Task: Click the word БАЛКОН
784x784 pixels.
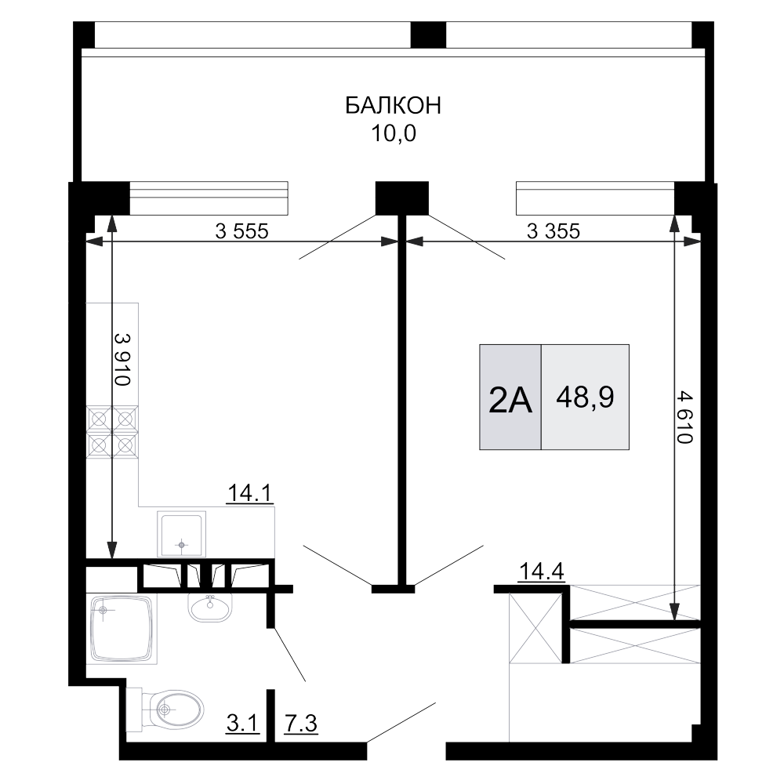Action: (393, 106)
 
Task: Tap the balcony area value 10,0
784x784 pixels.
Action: (393, 133)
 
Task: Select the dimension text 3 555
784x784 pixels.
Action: (241, 231)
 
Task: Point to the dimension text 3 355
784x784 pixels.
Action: (553, 231)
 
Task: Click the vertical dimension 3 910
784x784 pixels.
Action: (122, 360)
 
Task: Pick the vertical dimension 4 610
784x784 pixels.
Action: (684, 418)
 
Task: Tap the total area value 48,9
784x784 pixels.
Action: (585, 398)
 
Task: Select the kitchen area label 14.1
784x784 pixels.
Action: (249, 493)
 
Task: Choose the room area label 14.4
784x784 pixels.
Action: (542, 571)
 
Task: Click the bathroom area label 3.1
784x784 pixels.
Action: (243, 723)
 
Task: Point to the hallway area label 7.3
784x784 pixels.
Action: (301, 723)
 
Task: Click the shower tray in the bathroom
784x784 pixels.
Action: (122, 629)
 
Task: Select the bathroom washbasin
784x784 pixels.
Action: (210, 606)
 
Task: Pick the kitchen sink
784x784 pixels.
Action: (182, 534)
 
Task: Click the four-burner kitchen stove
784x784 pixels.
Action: (112, 432)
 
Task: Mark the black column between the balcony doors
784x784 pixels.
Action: (402, 198)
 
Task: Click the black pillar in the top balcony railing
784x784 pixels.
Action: (428, 35)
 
